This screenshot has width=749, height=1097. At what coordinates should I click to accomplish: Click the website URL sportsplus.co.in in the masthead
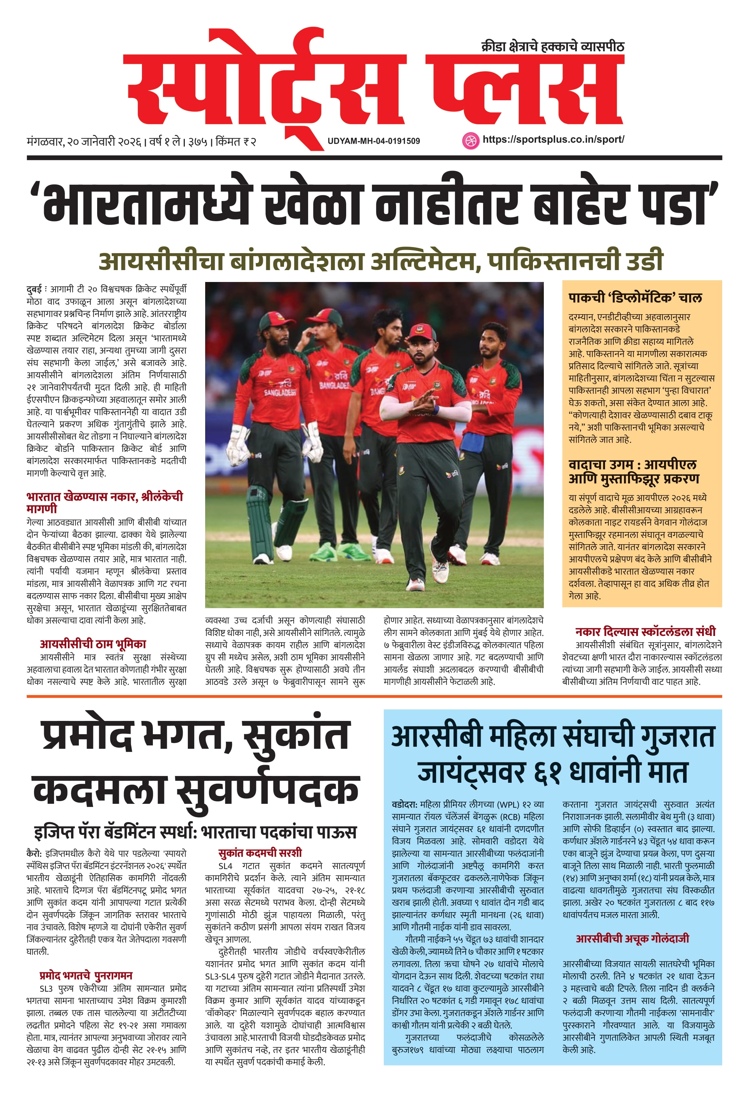pyautogui.click(x=553, y=140)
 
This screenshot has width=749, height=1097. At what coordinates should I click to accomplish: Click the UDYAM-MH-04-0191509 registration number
pyautogui.click(x=373, y=141)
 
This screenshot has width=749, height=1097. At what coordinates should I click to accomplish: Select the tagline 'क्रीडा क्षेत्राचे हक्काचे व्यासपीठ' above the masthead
pyautogui.click(x=552, y=47)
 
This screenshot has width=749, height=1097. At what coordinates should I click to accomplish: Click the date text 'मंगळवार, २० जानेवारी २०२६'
pyautogui.click(x=85, y=141)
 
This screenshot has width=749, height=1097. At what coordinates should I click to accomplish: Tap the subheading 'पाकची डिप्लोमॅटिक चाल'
pyautogui.click(x=635, y=298)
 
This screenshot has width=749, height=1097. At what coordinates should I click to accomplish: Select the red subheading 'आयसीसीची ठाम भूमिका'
pyautogui.click(x=93, y=644)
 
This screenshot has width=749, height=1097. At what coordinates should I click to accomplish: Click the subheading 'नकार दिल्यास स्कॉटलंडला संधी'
pyautogui.click(x=645, y=632)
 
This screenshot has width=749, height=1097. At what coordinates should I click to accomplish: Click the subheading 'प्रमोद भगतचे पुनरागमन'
pyautogui.click(x=86, y=976)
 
